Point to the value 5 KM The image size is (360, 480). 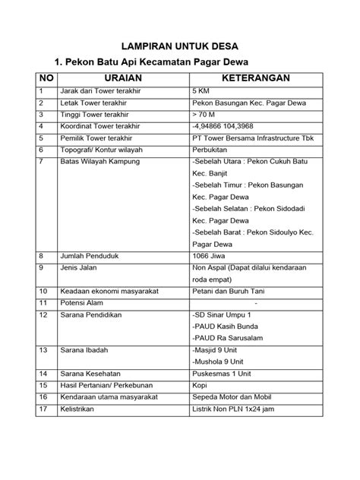[x=203, y=91]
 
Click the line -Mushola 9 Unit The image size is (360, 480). [x=223, y=362]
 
